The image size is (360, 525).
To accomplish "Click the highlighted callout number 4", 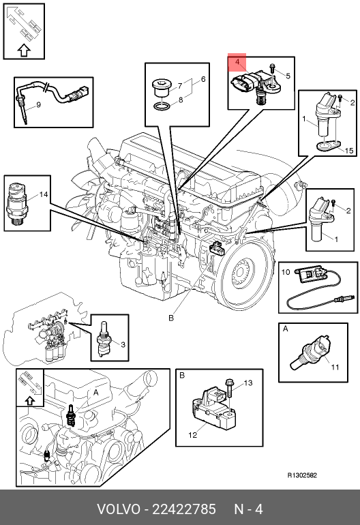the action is click(237, 62).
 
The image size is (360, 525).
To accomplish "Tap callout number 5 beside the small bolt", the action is click(288, 76).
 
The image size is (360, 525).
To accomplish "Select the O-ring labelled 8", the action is click(162, 106).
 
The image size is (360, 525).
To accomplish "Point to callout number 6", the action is click(203, 79).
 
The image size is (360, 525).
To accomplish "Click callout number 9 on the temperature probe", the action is click(38, 105).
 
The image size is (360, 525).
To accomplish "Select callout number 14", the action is click(44, 194).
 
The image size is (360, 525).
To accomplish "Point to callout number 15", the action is click(349, 151).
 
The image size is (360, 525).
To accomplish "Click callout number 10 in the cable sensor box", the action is click(286, 272).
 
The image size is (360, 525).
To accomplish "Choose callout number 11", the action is click(335, 367).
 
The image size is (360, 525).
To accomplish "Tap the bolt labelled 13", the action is click(230, 388).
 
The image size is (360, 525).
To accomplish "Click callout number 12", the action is click(193, 435).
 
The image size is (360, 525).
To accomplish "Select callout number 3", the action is click(123, 344).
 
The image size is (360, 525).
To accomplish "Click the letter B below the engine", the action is click(171, 318).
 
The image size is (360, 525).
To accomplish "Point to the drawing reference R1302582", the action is click(303, 475).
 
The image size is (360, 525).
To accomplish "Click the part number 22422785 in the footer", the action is click(184, 509).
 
